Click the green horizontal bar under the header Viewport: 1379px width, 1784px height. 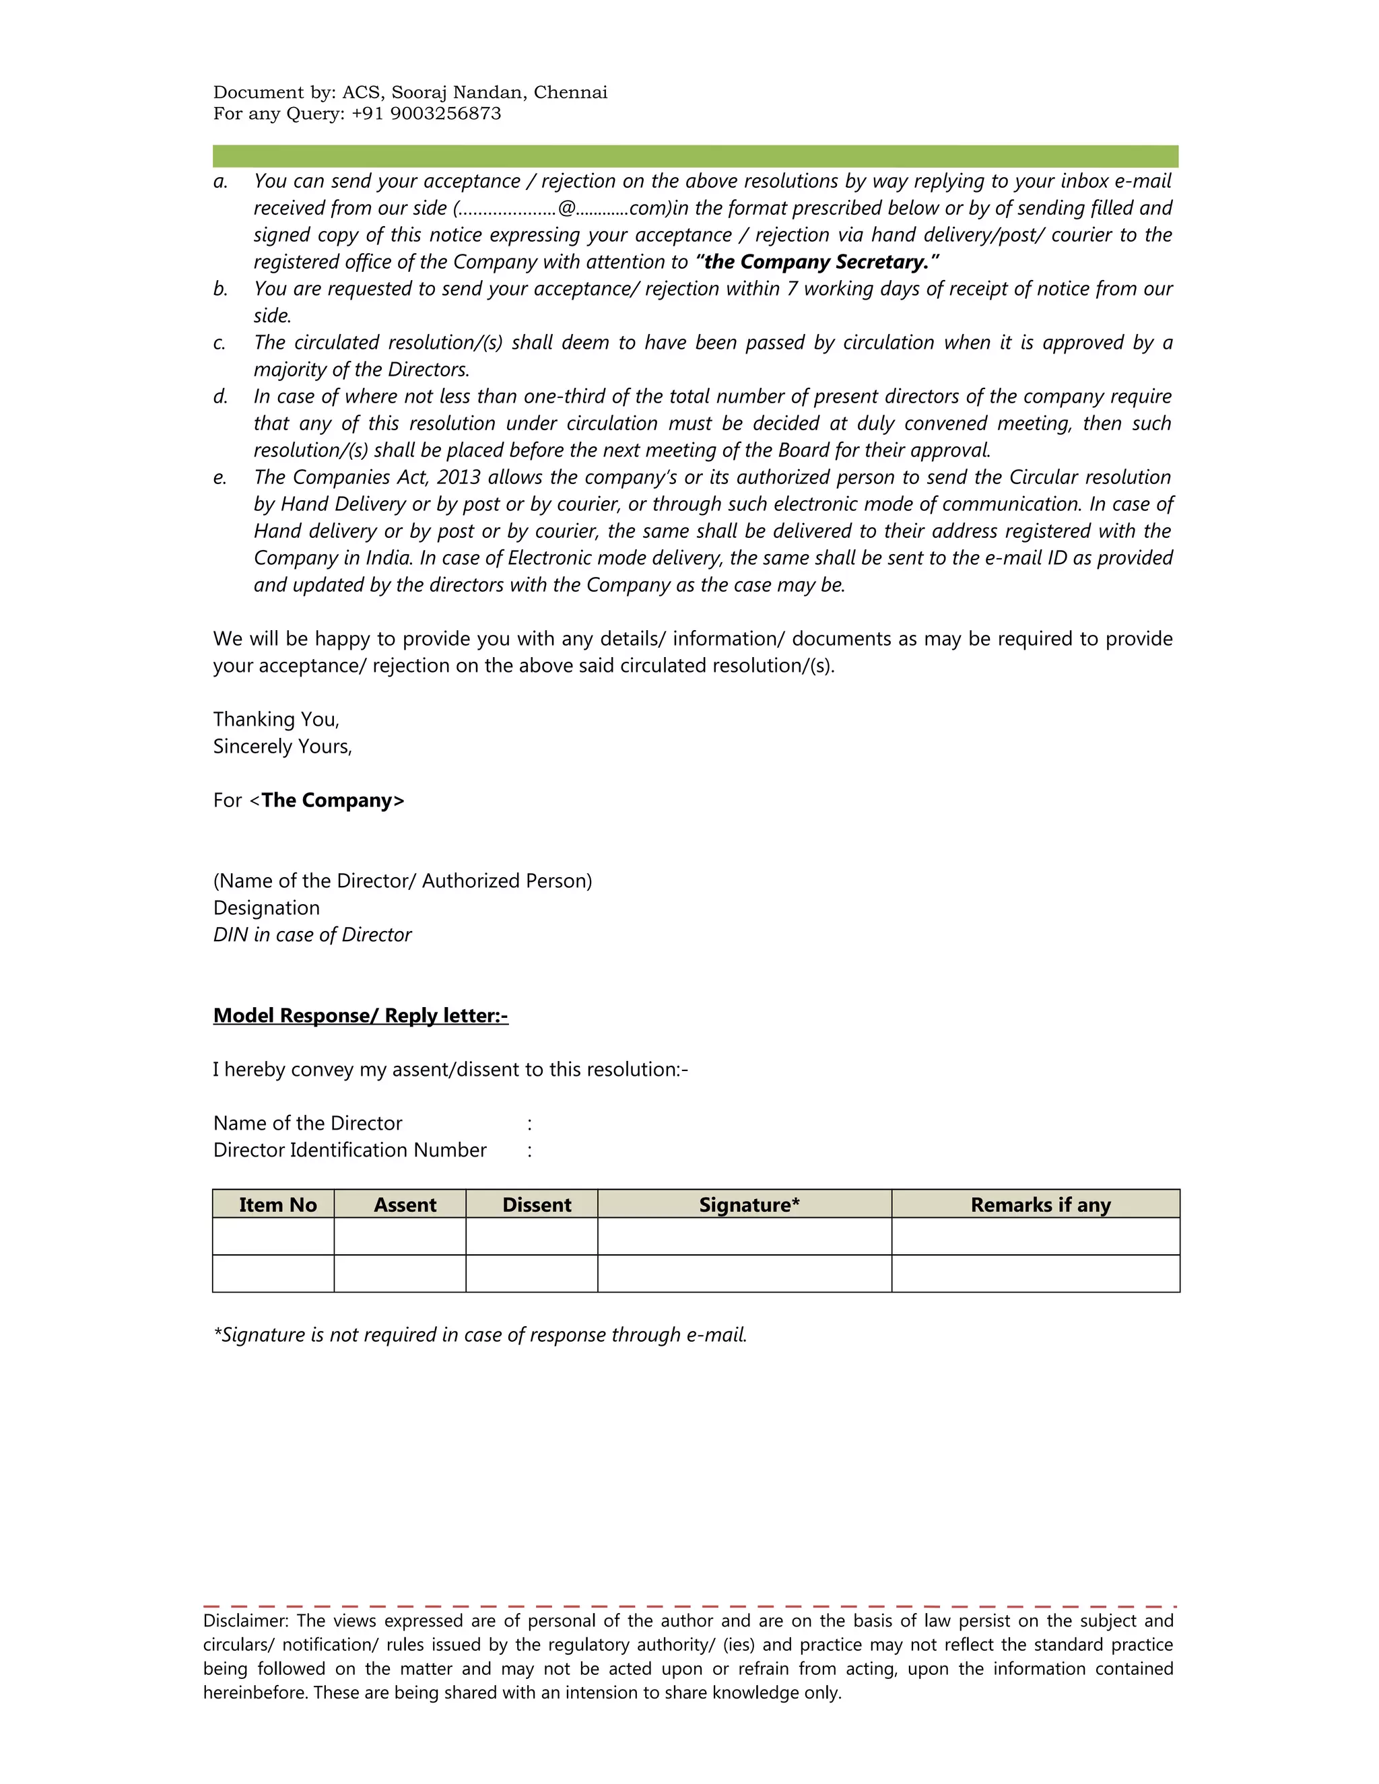694,156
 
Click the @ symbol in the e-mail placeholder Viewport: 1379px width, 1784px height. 566,208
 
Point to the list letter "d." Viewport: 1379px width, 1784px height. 221,397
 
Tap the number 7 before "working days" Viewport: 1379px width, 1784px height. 792,289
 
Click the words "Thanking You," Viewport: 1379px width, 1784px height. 276,720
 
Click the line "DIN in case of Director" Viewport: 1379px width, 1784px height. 312,935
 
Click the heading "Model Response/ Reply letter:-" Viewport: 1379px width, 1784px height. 360,1016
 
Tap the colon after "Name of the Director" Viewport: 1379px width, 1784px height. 530,1125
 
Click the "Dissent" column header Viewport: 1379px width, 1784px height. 536,1206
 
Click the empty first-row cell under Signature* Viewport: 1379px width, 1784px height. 744,1237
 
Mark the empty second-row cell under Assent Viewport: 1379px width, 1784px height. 399,1274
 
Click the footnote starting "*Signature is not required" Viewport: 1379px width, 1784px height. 480,1336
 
